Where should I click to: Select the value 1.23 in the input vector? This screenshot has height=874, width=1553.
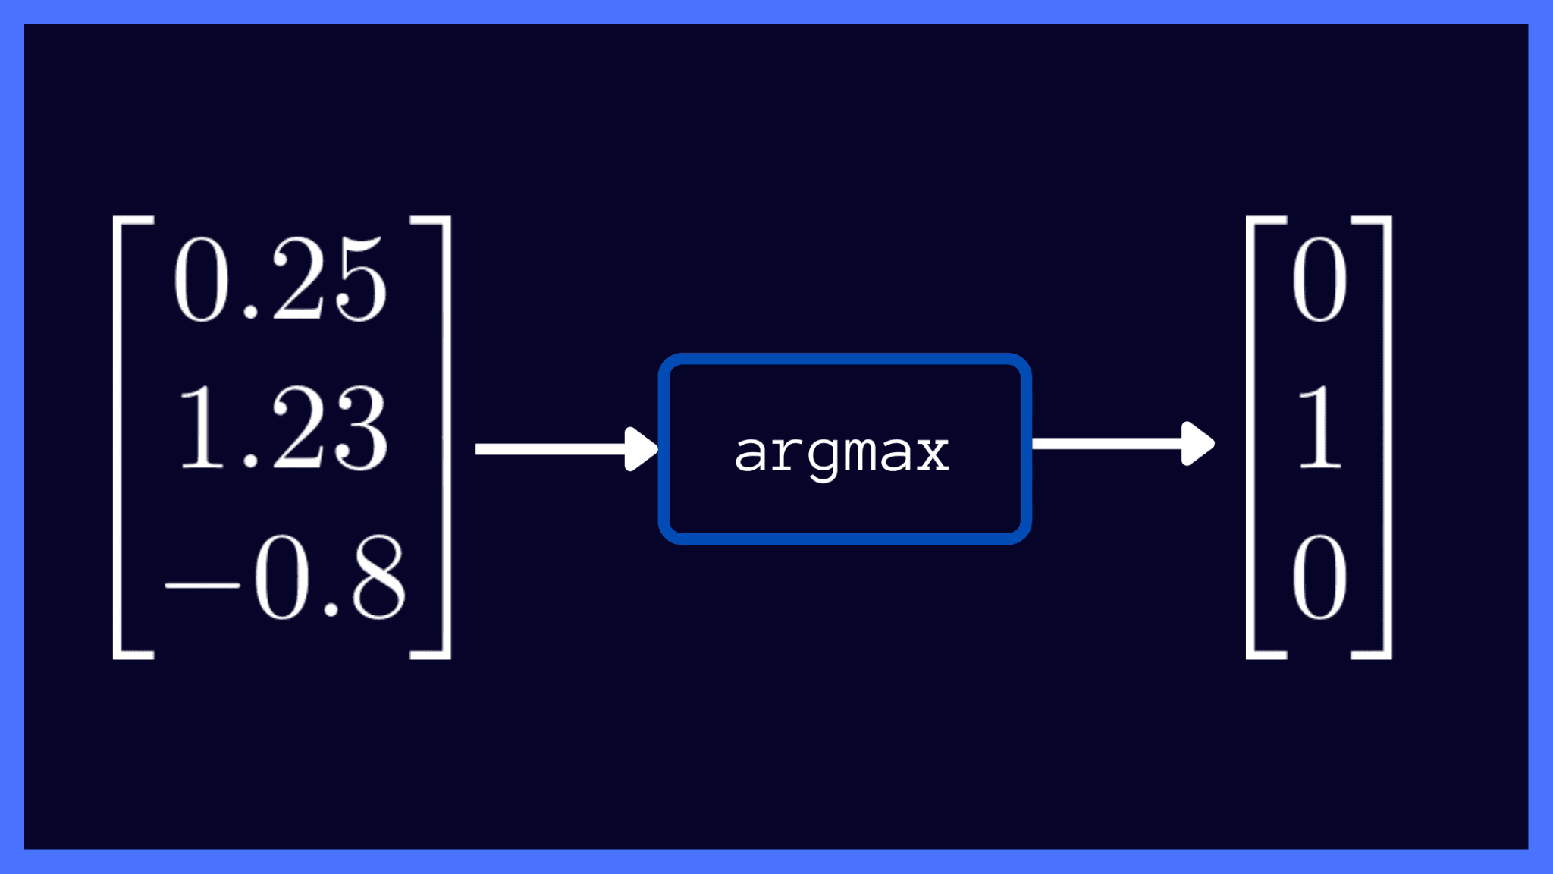pos(282,428)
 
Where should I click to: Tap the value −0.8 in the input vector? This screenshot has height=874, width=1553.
pos(285,578)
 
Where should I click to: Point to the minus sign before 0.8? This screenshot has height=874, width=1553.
pos(202,585)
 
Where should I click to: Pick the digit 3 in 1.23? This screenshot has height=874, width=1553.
pos(362,428)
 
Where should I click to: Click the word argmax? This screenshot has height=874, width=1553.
pos(842,453)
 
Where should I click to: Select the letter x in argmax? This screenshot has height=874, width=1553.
pos(932,454)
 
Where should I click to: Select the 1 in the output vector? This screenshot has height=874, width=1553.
pos(1320,428)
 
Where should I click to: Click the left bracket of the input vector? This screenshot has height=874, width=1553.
pos(118,437)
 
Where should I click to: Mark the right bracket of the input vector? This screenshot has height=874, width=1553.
pos(446,437)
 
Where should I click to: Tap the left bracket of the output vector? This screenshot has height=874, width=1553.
pos(1252,437)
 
